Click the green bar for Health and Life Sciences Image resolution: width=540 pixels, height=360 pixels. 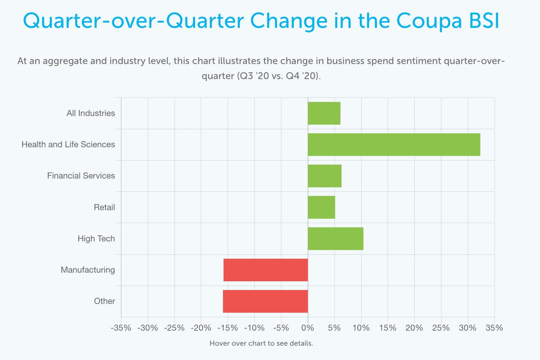pos(394,144)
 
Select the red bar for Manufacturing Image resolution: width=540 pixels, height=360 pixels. pos(265,270)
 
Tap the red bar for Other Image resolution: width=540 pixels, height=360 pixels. pos(265,301)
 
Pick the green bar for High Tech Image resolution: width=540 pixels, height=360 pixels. pos(335,238)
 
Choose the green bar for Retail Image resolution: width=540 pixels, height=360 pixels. pos(321,207)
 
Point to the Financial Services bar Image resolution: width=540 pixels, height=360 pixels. pos(324,175)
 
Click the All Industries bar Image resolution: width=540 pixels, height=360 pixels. pos(324,113)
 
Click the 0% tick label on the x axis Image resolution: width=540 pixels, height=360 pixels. pos(308,328)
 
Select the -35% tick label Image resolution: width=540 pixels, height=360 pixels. pos(121,328)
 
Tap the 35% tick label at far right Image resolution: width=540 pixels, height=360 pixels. pos(494,328)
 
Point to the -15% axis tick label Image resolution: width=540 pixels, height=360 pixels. pos(227,328)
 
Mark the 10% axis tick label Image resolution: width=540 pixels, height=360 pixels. pos(361,328)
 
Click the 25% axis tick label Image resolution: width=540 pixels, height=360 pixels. pos(441,328)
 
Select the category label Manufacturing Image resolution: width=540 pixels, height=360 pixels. pos(88,270)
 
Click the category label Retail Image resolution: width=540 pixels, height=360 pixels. pos(104,207)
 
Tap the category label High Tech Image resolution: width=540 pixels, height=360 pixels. pos(96,238)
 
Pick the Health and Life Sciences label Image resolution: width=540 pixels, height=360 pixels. pos(68,144)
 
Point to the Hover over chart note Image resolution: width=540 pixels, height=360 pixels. pos(261,343)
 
